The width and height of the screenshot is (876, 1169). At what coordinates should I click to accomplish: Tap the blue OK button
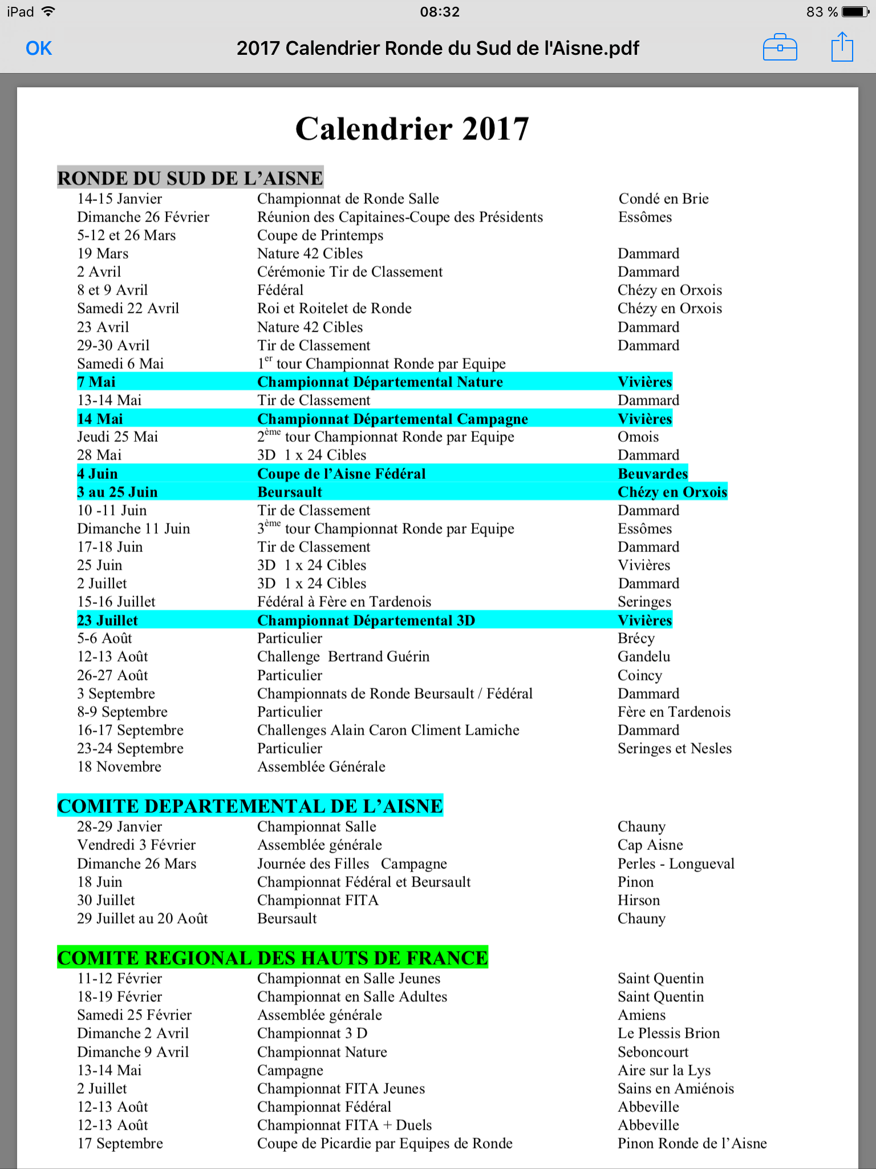39,49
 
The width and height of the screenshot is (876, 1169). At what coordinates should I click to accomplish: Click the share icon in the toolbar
842,47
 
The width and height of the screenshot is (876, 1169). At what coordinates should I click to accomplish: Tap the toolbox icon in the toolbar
780,47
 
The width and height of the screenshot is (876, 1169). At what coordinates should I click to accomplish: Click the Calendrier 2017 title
412,128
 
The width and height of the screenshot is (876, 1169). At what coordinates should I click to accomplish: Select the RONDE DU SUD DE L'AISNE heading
190,178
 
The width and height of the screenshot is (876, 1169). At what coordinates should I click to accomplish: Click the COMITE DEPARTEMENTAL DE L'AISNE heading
250,806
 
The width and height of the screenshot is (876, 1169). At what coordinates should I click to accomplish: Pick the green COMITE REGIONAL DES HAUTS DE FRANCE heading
273,958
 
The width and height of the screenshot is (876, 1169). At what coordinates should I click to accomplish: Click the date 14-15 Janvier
120,199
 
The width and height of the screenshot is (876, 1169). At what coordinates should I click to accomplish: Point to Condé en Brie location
663,199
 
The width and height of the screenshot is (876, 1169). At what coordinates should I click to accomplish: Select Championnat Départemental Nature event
380,382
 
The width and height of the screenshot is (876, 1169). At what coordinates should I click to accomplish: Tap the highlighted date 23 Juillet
107,620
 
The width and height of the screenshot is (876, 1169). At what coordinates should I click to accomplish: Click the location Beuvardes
653,474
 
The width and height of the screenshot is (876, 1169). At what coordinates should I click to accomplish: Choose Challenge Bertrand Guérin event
343,656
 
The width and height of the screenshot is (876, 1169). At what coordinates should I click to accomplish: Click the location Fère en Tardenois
674,712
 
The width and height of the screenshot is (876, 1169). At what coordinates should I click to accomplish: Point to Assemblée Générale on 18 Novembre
321,767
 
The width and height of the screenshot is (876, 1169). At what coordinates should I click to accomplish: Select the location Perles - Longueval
676,864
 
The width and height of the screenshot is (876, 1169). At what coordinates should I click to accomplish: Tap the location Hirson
639,900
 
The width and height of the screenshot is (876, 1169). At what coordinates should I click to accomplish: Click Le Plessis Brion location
668,1033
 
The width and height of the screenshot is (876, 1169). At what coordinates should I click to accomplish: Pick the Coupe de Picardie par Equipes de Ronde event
385,1143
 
